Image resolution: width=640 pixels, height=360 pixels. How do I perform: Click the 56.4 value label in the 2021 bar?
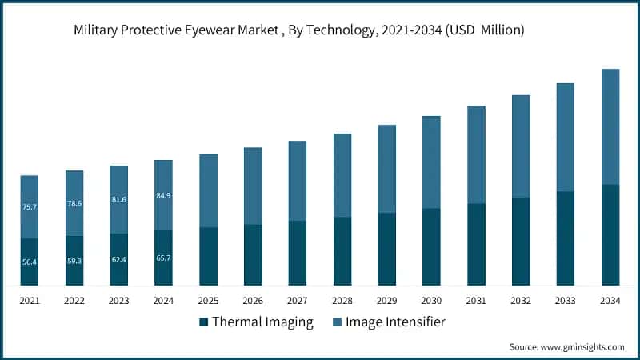point(30,261)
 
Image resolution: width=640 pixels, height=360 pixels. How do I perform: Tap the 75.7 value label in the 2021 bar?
point(30,207)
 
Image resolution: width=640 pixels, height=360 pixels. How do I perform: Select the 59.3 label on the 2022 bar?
point(74,260)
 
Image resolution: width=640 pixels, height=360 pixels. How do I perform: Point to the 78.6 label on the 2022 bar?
point(74,203)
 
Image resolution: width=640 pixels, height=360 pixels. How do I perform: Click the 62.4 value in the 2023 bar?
point(118,259)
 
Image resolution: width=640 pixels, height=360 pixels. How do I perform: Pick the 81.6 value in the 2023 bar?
point(118,199)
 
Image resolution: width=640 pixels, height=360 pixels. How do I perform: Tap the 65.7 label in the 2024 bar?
point(163,258)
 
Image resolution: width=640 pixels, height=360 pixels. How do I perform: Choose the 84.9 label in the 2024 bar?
point(163,195)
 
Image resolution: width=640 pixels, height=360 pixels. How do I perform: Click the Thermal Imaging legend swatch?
point(204,322)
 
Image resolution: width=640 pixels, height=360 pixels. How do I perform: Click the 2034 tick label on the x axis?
point(610,300)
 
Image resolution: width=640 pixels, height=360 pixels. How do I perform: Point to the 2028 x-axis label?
point(342,300)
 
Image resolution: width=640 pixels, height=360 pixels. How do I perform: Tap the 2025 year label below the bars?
point(208,300)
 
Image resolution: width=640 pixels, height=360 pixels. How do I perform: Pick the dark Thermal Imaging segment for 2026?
point(253,254)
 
